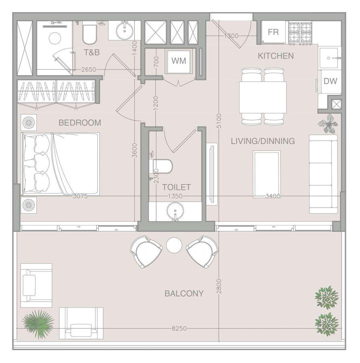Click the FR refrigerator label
click(x=273, y=32)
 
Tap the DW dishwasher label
click(x=330, y=81)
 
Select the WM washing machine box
click(x=179, y=61)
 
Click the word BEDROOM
click(x=80, y=123)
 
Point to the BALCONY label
click(x=184, y=294)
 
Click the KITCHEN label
click(x=276, y=56)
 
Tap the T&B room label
click(x=92, y=52)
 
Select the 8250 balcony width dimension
click(x=179, y=328)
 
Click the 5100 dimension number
click(x=219, y=121)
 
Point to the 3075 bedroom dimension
click(x=80, y=196)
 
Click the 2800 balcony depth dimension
click(x=219, y=286)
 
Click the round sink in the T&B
click(x=125, y=31)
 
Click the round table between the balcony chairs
click(x=174, y=245)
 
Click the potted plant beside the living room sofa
click(x=328, y=124)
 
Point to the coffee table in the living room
click(x=266, y=174)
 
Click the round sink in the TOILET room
click(x=175, y=211)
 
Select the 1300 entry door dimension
click(x=231, y=36)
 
